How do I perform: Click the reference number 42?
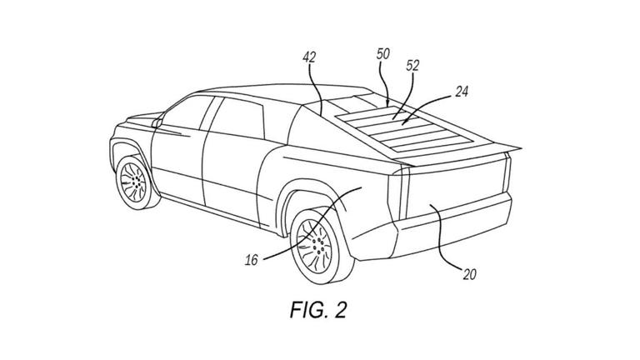click(x=309, y=57)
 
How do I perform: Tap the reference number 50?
click(x=383, y=53)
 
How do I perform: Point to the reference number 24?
click(x=461, y=92)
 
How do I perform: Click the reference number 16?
click(x=252, y=259)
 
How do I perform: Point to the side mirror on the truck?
click(x=156, y=122)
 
